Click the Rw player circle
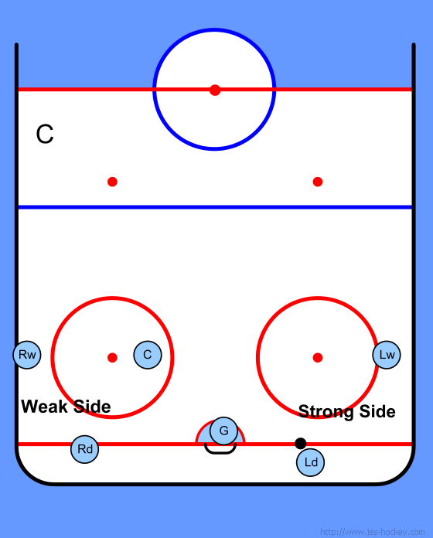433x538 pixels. click(x=27, y=355)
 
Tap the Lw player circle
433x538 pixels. click(x=387, y=355)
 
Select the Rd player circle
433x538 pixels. click(x=85, y=449)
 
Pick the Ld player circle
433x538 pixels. click(x=311, y=462)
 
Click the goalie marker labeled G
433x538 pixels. click(x=223, y=431)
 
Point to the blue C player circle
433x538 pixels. click(x=148, y=355)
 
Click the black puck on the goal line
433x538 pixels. click(x=301, y=443)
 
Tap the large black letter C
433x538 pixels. click(x=45, y=134)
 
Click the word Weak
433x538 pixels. click(x=45, y=407)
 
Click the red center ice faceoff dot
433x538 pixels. click(x=215, y=90)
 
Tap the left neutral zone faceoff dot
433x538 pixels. click(x=113, y=182)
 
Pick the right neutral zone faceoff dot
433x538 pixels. click(x=318, y=182)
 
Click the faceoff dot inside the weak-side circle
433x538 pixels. click(x=113, y=358)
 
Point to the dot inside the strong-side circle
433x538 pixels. click(x=318, y=358)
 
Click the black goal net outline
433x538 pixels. click(x=220, y=452)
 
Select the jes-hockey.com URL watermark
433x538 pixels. click(x=372, y=532)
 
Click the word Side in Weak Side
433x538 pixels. click(x=92, y=407)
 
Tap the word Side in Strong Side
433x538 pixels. click(x=377, y=411)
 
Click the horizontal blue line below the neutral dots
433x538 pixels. click(x=215, y=207)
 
